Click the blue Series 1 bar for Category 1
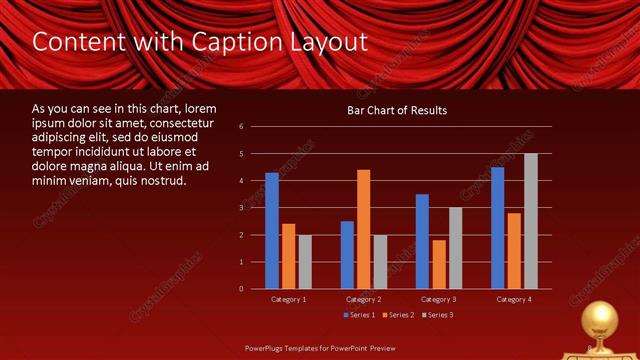(272, 231)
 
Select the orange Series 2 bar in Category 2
(363, 229)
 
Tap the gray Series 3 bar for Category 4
(530, 221)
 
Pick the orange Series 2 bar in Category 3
(439, 264)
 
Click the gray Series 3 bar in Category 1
(305, 262)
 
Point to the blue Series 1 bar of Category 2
(347, 255)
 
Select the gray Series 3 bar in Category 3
(455, 248)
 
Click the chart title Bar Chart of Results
(397, 110)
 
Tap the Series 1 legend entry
(361, 315)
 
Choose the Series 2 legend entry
(397, 315)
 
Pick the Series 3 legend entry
(436, 315)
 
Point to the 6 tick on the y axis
(241, 127)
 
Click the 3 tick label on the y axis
(241, 208)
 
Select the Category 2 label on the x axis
(364, 299)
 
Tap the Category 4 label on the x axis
(514, 299)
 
